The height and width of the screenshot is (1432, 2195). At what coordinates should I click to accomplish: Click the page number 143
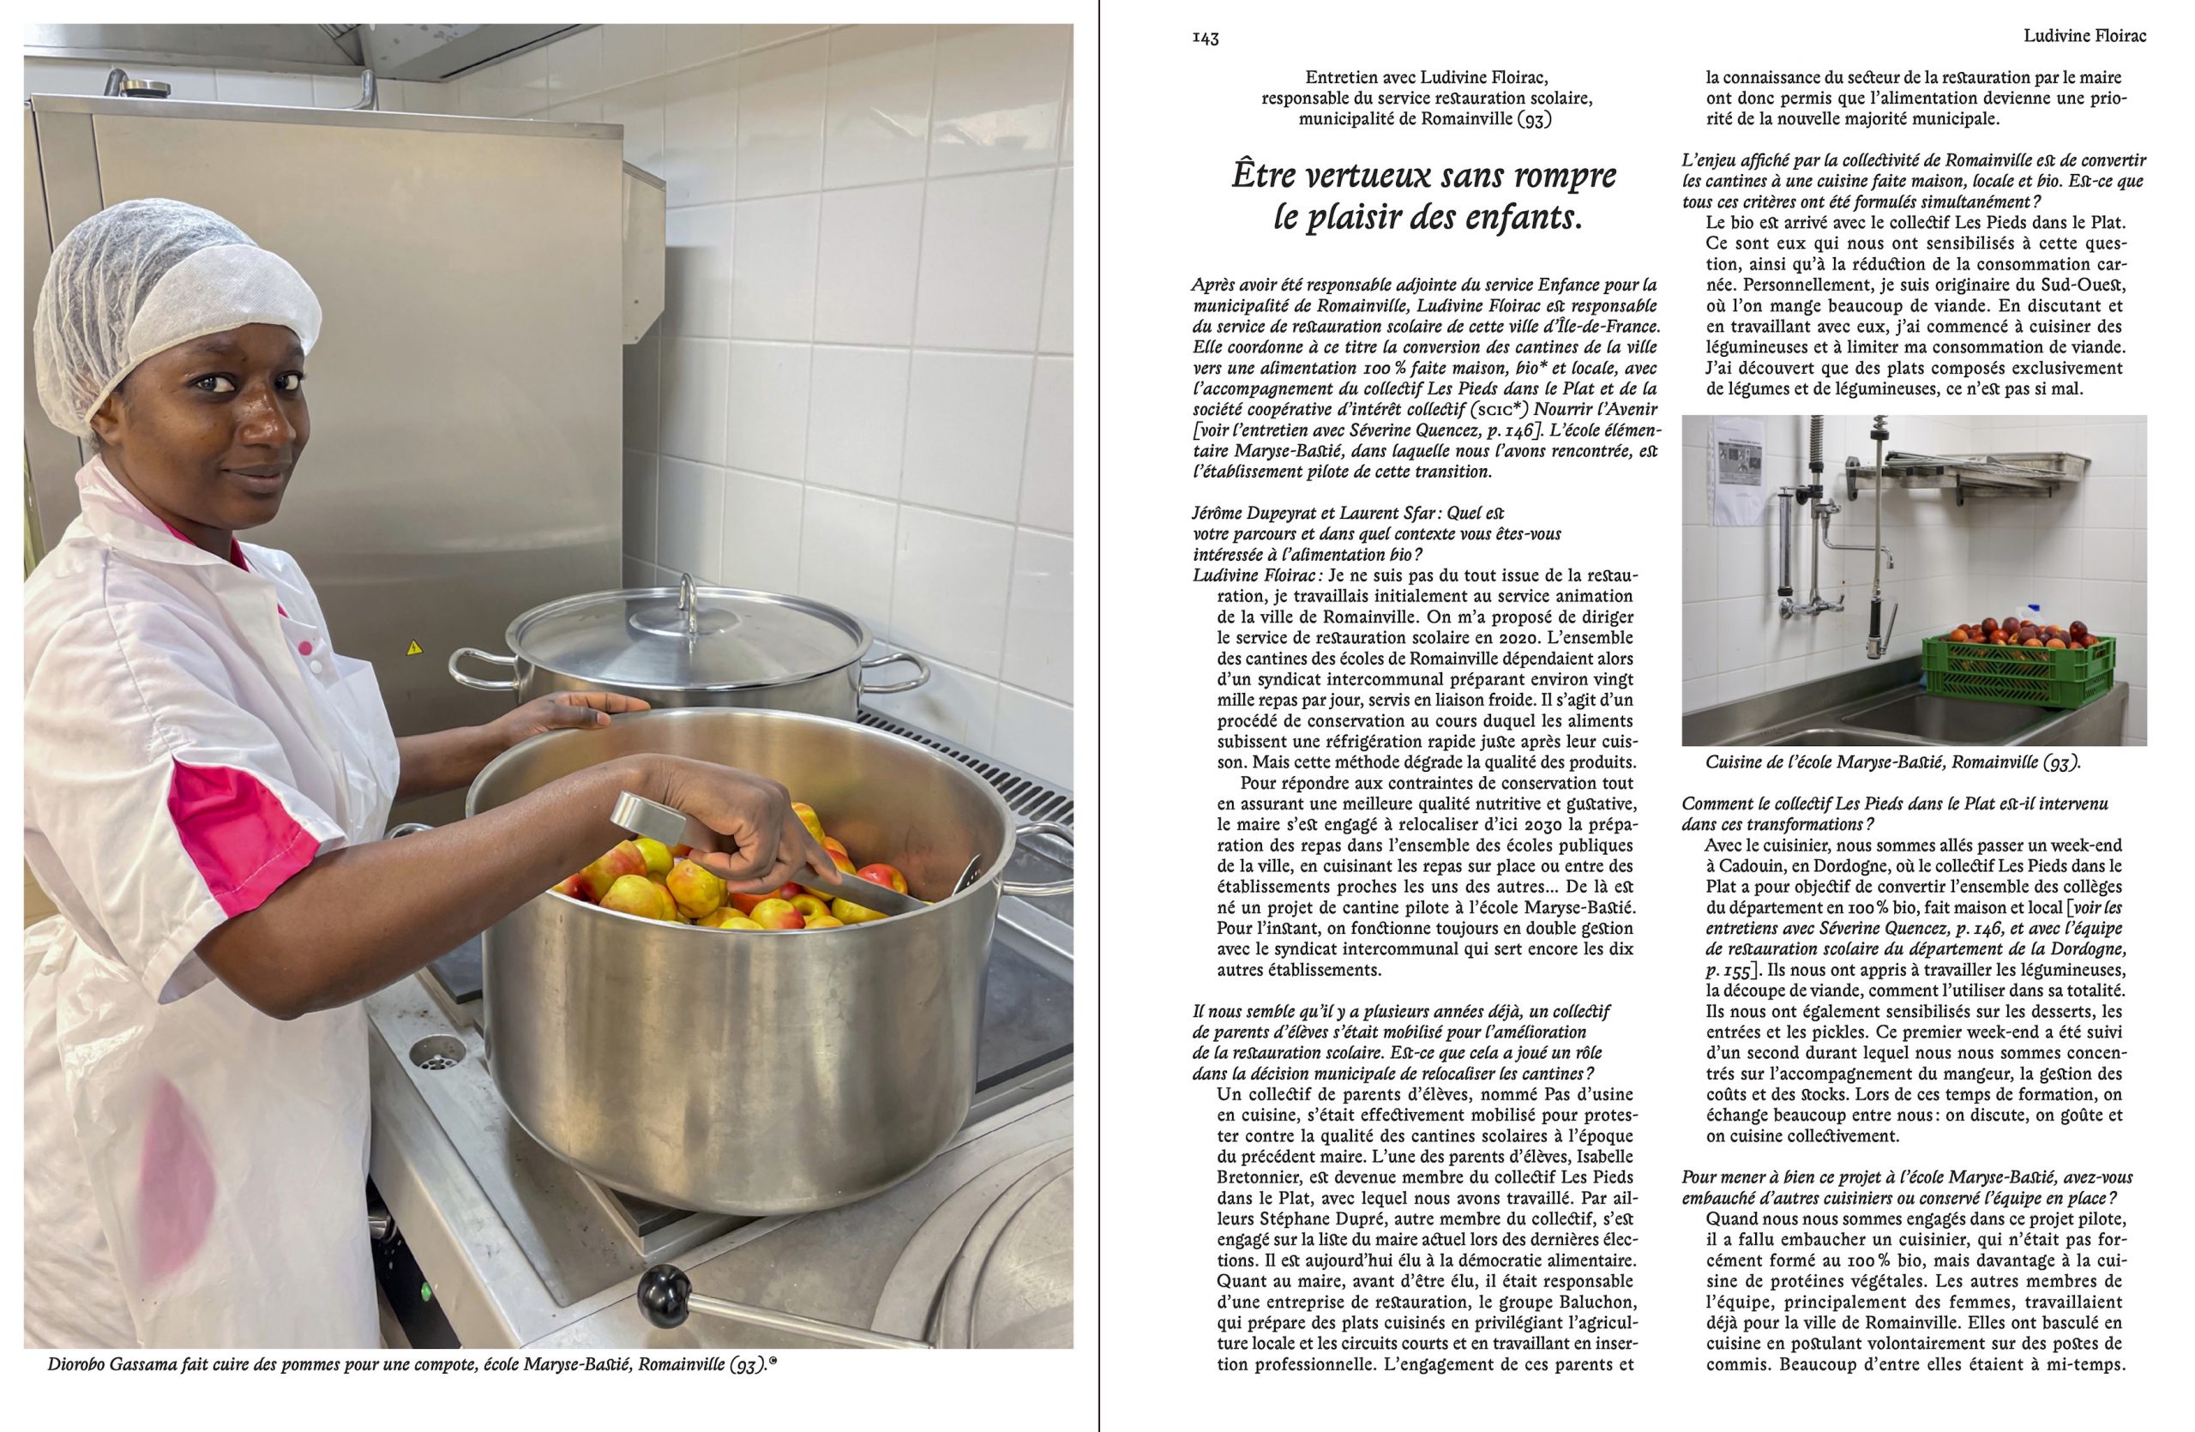point(1206,38)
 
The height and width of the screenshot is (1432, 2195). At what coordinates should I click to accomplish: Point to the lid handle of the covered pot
point(687,599)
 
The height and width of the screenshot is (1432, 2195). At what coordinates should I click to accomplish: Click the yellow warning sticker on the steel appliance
point(414,647)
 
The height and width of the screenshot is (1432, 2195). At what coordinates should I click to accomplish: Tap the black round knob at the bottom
point(664,1286)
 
